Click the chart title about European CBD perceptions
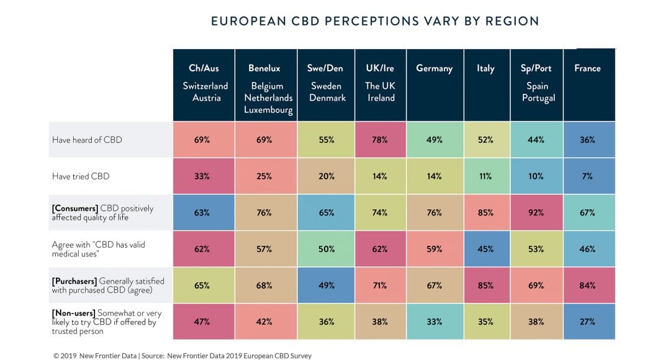point(374,21)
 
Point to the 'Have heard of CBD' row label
point(87,140)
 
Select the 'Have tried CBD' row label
point(81,176)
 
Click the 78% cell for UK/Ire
point(381,140)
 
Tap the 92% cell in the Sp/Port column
point(536,213)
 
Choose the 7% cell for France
point(588,176)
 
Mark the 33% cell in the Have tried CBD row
point(202,176)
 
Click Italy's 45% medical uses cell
point(485,249)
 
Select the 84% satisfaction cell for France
point(588,286)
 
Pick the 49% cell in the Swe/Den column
point(326,286)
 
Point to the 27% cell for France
point(588,322)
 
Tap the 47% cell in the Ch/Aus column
point(202,322)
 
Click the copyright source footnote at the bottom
point(183,356)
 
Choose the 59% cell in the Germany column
point(434,249)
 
